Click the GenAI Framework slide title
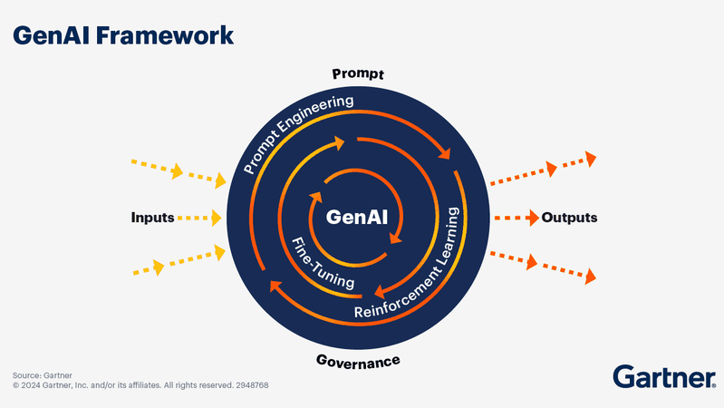click(123, 35)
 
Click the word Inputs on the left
click(152, 218)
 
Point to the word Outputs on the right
click(569, 218)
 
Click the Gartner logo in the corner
click(663, 376)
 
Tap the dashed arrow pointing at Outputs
click(515, 218)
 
